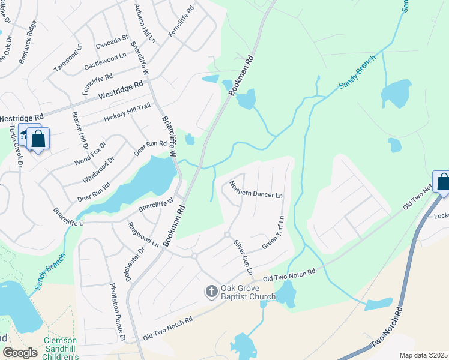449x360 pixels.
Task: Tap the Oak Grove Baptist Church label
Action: [248, 292]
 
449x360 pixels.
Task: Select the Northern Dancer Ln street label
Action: [255, 190]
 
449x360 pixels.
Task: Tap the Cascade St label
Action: [112, 41]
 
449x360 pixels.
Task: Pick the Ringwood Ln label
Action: [143, 235]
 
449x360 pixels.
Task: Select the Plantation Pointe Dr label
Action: [118, 313]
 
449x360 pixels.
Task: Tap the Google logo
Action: [20, 353]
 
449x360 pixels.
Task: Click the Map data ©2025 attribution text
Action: [423, 355]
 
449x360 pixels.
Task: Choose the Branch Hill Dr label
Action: [80, 130]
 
